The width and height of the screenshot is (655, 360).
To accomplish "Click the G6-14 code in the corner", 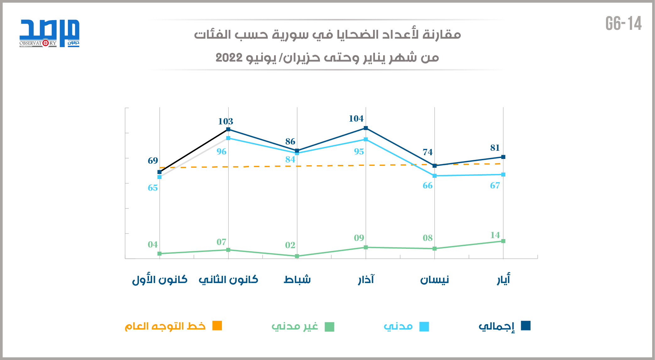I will (x=624, y=24).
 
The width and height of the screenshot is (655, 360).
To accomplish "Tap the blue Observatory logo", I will (x=49, y=33).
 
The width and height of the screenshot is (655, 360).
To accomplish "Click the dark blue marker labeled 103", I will (x=228, y=129).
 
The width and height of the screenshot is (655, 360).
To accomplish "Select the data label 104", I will (x=356, y=118).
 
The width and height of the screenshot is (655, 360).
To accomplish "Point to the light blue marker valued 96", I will (x=228, y=138).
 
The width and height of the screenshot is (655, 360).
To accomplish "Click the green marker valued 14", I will (x=503, y=241).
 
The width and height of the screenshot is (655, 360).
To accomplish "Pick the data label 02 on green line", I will (x=290, y=245).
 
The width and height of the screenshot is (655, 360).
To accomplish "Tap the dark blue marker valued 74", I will (x=434, y=166).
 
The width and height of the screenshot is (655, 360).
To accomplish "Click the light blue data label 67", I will (x=495, y=185).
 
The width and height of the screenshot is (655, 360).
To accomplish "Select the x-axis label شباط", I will (x=297, y=279).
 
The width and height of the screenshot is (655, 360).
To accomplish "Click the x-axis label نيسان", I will (x=434, y=279).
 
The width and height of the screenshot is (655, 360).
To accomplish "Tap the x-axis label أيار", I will (x=503, y=279).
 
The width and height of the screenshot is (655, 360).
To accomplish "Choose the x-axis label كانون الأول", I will (x=160, y=279).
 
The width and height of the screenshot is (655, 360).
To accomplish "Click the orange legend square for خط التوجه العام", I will (x=217, y=326).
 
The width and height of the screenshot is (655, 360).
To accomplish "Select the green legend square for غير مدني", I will (x=329, y=327).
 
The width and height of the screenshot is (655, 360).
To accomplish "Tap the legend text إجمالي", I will (x=497, y=326).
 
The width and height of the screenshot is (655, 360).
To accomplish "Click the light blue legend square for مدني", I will (x=424, y=327).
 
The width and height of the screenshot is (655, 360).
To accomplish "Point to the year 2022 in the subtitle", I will (x=229, y=58).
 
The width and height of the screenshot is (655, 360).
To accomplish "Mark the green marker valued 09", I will (x=366, y=248).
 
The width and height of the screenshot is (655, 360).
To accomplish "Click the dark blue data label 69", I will (x=153, y=161).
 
